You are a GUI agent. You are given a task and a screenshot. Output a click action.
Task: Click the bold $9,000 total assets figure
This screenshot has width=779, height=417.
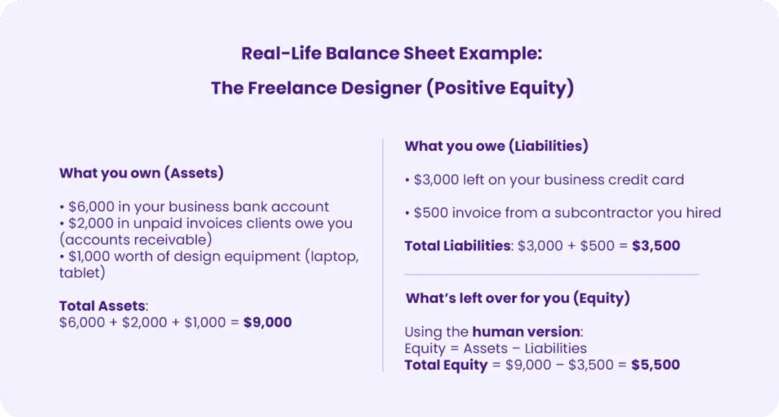[x=267, y=322]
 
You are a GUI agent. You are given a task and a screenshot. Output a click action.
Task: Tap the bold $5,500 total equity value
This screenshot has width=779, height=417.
[x=656, y=365]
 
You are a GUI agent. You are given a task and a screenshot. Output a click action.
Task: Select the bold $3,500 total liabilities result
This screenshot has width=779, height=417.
[x=656, y=246]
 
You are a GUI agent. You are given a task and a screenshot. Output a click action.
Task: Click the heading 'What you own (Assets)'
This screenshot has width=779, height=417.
[x=142, y=173]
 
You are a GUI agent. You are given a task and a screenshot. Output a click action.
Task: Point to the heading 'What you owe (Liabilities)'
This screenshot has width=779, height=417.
[x=497, y=146]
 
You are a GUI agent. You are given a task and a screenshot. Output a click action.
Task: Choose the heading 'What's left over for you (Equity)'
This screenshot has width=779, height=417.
[x=518, y=298]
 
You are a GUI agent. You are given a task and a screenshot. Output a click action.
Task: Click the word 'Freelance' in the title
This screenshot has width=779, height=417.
[x=292, y=88]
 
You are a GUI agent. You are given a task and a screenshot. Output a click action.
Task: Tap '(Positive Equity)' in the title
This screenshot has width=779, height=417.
[x=500, y=88]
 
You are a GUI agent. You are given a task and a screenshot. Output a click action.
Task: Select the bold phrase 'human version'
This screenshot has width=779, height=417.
[x=526, y=332]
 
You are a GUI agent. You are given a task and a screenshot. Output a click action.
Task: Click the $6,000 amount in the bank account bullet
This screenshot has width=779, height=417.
[x=91, y=207]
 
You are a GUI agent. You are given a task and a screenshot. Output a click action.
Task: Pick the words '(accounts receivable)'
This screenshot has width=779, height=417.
[x=136, y=240]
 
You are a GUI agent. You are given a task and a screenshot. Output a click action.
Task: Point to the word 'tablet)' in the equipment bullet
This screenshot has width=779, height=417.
[x=82, y=273]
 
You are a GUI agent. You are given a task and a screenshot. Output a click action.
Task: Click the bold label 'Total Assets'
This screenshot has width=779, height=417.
[x=103, y=306]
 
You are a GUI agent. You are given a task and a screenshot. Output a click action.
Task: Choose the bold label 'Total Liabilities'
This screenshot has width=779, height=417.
[x=458, y=246]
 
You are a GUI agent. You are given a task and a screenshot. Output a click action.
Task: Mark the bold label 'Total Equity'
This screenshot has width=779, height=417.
[x=446, y=365]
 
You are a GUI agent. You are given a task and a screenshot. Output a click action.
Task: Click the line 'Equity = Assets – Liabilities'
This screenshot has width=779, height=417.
[x=495, y=348]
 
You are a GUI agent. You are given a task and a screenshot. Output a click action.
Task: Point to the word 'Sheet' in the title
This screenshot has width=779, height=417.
[x=429, y=54]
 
